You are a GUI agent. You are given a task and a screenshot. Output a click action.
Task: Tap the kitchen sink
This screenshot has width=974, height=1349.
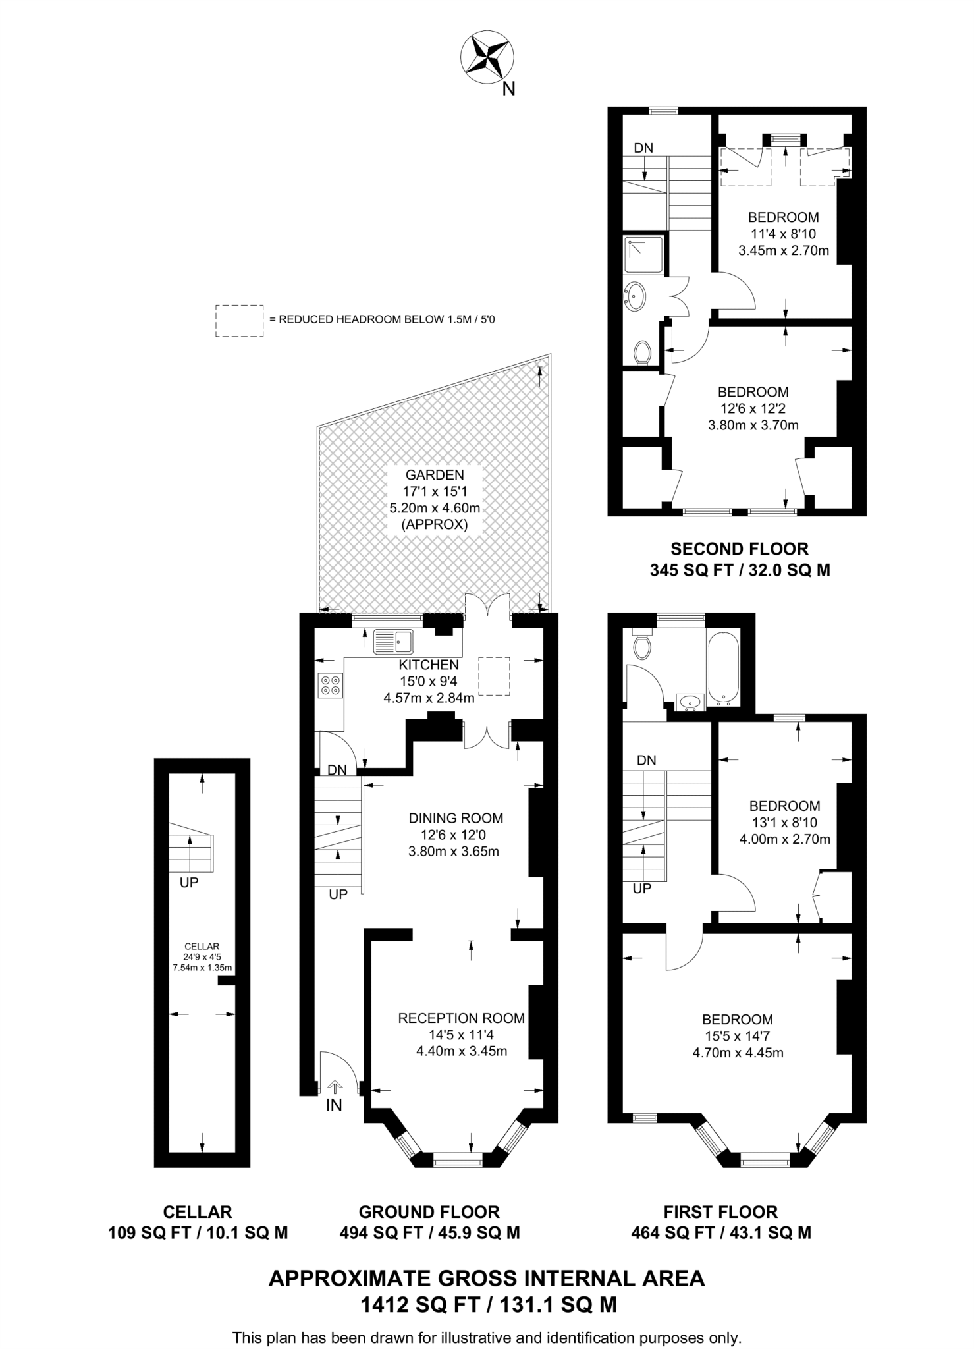coord(393,642)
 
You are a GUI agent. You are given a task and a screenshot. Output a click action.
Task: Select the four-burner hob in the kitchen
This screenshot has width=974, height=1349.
coord(330,685)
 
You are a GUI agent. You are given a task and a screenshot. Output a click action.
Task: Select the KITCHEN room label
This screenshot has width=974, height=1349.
coord(429,665)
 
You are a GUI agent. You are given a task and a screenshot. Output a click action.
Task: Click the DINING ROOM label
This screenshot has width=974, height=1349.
coord(456,818)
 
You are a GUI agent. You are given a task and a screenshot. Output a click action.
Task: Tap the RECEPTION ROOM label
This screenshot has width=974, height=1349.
coord(462,1018)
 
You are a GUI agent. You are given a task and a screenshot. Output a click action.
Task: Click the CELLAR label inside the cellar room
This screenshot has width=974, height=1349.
coord(202,947)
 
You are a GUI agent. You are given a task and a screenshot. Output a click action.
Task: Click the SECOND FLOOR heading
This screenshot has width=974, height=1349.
coord(740,549)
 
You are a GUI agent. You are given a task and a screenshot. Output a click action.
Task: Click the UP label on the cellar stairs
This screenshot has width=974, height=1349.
coord(189,883)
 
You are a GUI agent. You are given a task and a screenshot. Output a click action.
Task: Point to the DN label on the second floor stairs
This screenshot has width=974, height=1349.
coord(643,148)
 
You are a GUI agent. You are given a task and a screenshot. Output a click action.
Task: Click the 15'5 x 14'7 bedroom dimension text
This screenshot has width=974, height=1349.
coord(738,1036)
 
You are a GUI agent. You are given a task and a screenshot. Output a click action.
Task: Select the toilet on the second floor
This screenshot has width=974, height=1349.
coord(643,352)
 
